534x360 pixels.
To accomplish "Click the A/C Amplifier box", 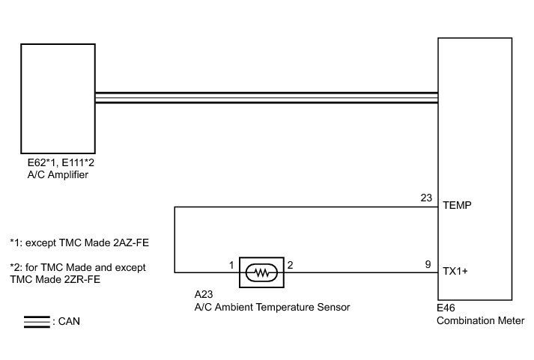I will pos(58,98).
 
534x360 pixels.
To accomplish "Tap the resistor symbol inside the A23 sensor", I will pos(261,272).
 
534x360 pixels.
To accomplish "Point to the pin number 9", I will pos(428,264).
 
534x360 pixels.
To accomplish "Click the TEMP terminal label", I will pos(457,205).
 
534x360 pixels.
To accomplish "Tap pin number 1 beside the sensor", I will pos(231,264).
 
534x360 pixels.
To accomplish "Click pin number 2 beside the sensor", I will pos(291,264).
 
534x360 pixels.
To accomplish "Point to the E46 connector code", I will pos(446,308).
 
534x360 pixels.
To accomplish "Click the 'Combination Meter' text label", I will pos(480,320).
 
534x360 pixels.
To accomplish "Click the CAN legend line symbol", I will pos(35,322).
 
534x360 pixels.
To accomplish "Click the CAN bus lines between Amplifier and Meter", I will pos(266,98).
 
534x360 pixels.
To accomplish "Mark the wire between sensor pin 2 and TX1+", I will pos(359,272).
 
